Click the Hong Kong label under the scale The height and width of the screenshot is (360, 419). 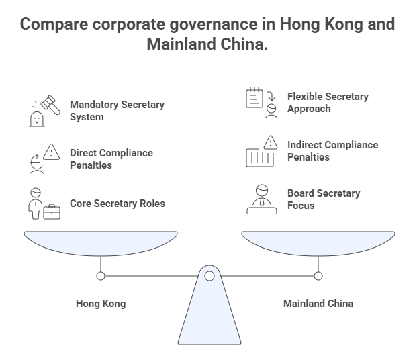pos(101,304)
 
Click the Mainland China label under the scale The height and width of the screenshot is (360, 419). pos(318,304)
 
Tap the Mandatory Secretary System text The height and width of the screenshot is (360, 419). pos(117,111)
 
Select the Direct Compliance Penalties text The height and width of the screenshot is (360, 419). pos(111,159)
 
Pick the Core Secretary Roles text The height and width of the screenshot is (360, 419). pos(118,203)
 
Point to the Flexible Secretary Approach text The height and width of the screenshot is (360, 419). pos(328,102)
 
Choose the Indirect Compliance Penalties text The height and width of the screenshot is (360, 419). pos(332,150)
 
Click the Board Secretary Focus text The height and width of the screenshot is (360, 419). pos(324,199)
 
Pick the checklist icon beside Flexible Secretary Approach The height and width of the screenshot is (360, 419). pos(260,102)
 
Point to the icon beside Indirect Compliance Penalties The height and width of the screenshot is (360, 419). pos(260,151)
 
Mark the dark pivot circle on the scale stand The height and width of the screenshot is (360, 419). pos(209,275)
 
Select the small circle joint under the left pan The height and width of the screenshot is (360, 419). pos(101,275)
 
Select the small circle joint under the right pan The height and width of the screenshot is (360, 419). pos(318,275)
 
